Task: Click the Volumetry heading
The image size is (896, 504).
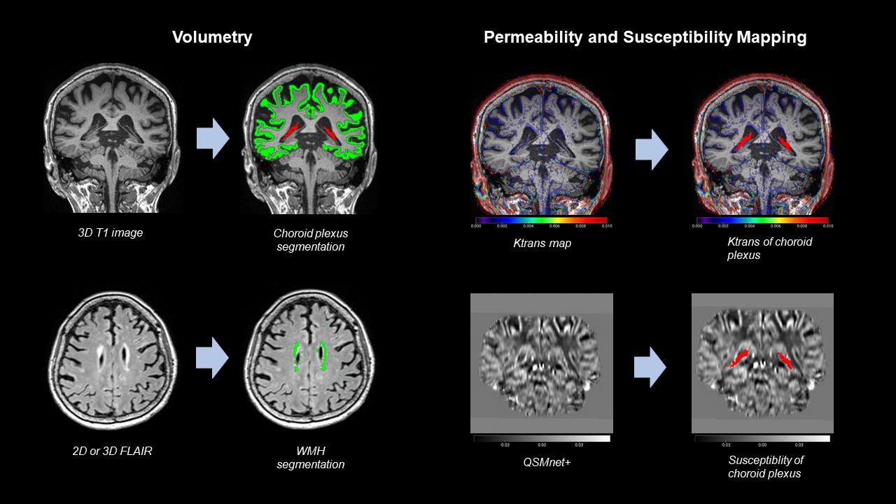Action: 212,38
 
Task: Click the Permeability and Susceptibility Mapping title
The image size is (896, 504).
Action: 645,38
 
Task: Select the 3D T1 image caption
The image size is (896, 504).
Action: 110,233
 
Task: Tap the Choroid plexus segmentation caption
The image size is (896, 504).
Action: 310,239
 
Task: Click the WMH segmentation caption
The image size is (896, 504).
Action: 310,457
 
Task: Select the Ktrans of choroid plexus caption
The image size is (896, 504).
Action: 769,248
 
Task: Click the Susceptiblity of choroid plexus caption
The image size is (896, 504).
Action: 765,466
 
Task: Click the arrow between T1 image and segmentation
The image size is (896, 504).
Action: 213,139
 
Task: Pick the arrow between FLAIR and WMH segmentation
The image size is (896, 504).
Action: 213,358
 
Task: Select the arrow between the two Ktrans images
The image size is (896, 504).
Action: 651,149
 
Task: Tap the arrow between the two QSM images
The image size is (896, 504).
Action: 650,367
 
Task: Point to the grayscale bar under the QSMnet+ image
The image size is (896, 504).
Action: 541,438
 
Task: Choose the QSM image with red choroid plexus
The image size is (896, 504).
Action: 762,363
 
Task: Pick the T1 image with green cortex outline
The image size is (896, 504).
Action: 309,138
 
